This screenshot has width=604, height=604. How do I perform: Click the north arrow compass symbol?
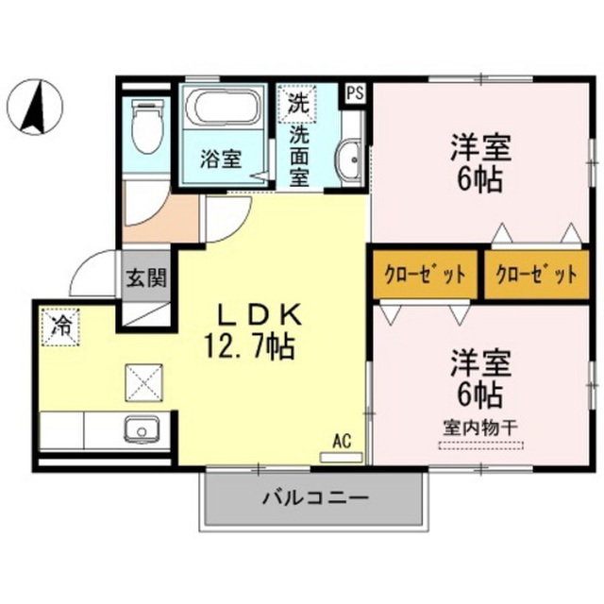[36, 107]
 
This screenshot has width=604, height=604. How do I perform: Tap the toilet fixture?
[147, 126]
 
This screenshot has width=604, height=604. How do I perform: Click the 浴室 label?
[221, 159]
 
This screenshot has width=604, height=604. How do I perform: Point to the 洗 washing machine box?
[298, 103]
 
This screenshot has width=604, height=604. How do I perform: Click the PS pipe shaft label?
[355, 93]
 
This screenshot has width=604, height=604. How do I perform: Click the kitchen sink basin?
[142, 430]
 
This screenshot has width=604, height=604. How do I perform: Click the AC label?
[342, 442]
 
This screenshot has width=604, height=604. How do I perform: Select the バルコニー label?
[315, 498]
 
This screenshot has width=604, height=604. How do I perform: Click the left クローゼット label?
[426, 275]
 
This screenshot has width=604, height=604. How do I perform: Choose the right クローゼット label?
[537, 275]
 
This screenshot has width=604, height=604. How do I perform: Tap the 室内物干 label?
[480, 428]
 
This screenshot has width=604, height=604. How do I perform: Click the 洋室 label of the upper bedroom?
[480, 147]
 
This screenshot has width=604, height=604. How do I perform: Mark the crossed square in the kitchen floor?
[143, 382]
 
